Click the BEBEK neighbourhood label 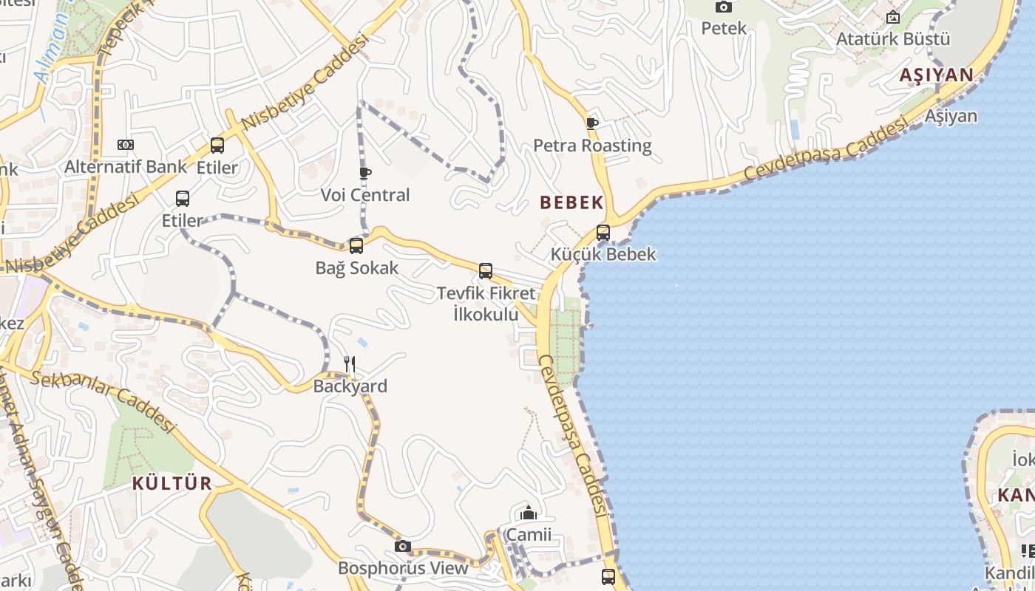(571, 202)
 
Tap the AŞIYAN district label (937, 75)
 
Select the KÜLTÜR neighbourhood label (172, 484)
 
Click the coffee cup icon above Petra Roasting (591, 123)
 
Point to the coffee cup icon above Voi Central (364, 173)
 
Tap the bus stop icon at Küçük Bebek (603, 233)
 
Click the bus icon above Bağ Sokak (356, 246)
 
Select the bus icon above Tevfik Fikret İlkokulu (486, 271)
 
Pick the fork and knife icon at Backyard (350, 364)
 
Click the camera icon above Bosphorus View (402, 547)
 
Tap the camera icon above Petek (724, 7)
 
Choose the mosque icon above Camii (529, 513)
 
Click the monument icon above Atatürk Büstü (893, 17)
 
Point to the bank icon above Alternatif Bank (126, 145)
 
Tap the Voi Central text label (365, 195)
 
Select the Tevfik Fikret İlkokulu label (486, 304)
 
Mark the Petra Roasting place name (592, 146)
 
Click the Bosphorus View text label (403, 568)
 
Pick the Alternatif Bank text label (126, 167)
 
